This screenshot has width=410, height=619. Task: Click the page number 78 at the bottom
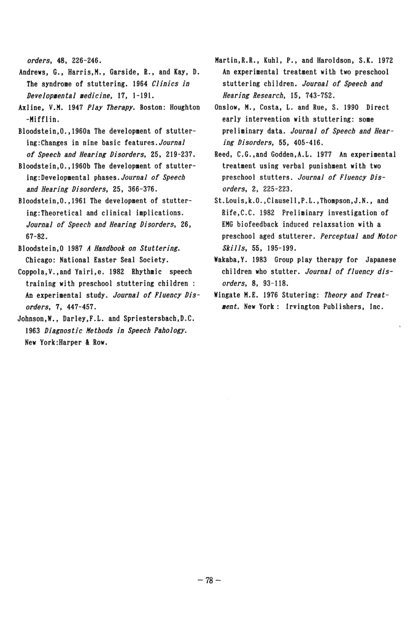click(x=209, y=581)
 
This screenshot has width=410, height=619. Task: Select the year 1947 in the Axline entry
click(x=76, y=107)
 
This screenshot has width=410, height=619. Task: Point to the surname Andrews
click(x=31, y=73)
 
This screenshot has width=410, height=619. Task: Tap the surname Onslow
click(x=226, y=107)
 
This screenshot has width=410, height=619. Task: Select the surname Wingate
click(x=228, y=295)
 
